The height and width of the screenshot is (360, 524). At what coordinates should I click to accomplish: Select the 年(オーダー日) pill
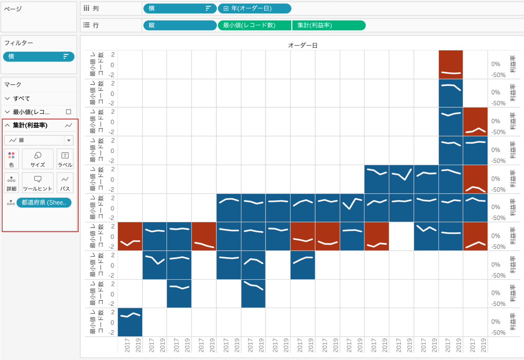coord(254,8)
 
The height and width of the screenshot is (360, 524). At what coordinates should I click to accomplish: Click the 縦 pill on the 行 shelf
coord(179,25)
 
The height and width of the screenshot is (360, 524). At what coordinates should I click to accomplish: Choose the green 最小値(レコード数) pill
coord(254,25)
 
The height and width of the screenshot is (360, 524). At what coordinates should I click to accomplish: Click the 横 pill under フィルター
coord(38,56)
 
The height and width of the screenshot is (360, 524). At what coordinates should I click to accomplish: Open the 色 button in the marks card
coord(11,159)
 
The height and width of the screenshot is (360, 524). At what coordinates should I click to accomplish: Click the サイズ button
coord(38,159)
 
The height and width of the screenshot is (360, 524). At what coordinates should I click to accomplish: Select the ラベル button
coord(65,159)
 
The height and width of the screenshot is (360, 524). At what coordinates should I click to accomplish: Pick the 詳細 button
coord(11,183)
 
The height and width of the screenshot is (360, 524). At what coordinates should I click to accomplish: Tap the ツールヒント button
coord(38,183)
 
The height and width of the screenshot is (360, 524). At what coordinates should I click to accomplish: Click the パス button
coord(65,183)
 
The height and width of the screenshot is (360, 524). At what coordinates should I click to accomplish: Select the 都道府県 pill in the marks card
coord(44,202)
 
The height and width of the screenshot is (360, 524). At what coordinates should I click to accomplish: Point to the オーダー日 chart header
coord(303,45)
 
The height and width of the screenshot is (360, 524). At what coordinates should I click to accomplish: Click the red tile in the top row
coord(451,64)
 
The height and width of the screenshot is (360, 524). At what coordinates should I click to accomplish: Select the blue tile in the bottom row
coord(130,322)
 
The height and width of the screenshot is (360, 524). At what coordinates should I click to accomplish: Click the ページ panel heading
coord(13,9)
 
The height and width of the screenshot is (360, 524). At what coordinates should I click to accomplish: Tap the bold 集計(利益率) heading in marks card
coord(30,125)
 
